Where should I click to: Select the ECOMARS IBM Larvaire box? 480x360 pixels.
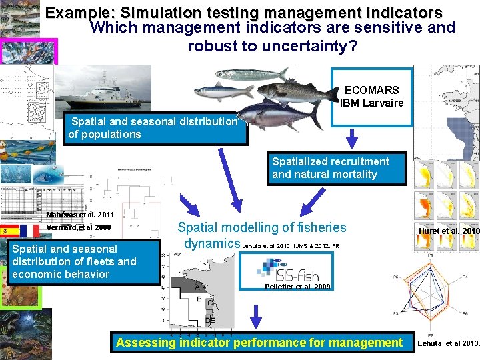coord(371,97)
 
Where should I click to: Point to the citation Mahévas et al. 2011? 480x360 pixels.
coord(80,215)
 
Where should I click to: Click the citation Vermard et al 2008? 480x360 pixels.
coord(79,228)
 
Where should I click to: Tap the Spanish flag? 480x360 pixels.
coord(10,231)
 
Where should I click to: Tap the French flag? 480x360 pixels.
coord(30,231)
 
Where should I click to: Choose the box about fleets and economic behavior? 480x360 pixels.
coord(83,262)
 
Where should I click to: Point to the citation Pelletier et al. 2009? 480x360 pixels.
coord(297,287)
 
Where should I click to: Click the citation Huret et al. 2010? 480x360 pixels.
coord(448,231)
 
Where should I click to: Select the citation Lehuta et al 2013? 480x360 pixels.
coord(448,343)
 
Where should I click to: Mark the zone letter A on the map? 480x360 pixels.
coord(197,287)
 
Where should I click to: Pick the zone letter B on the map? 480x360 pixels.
coord(199,300)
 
